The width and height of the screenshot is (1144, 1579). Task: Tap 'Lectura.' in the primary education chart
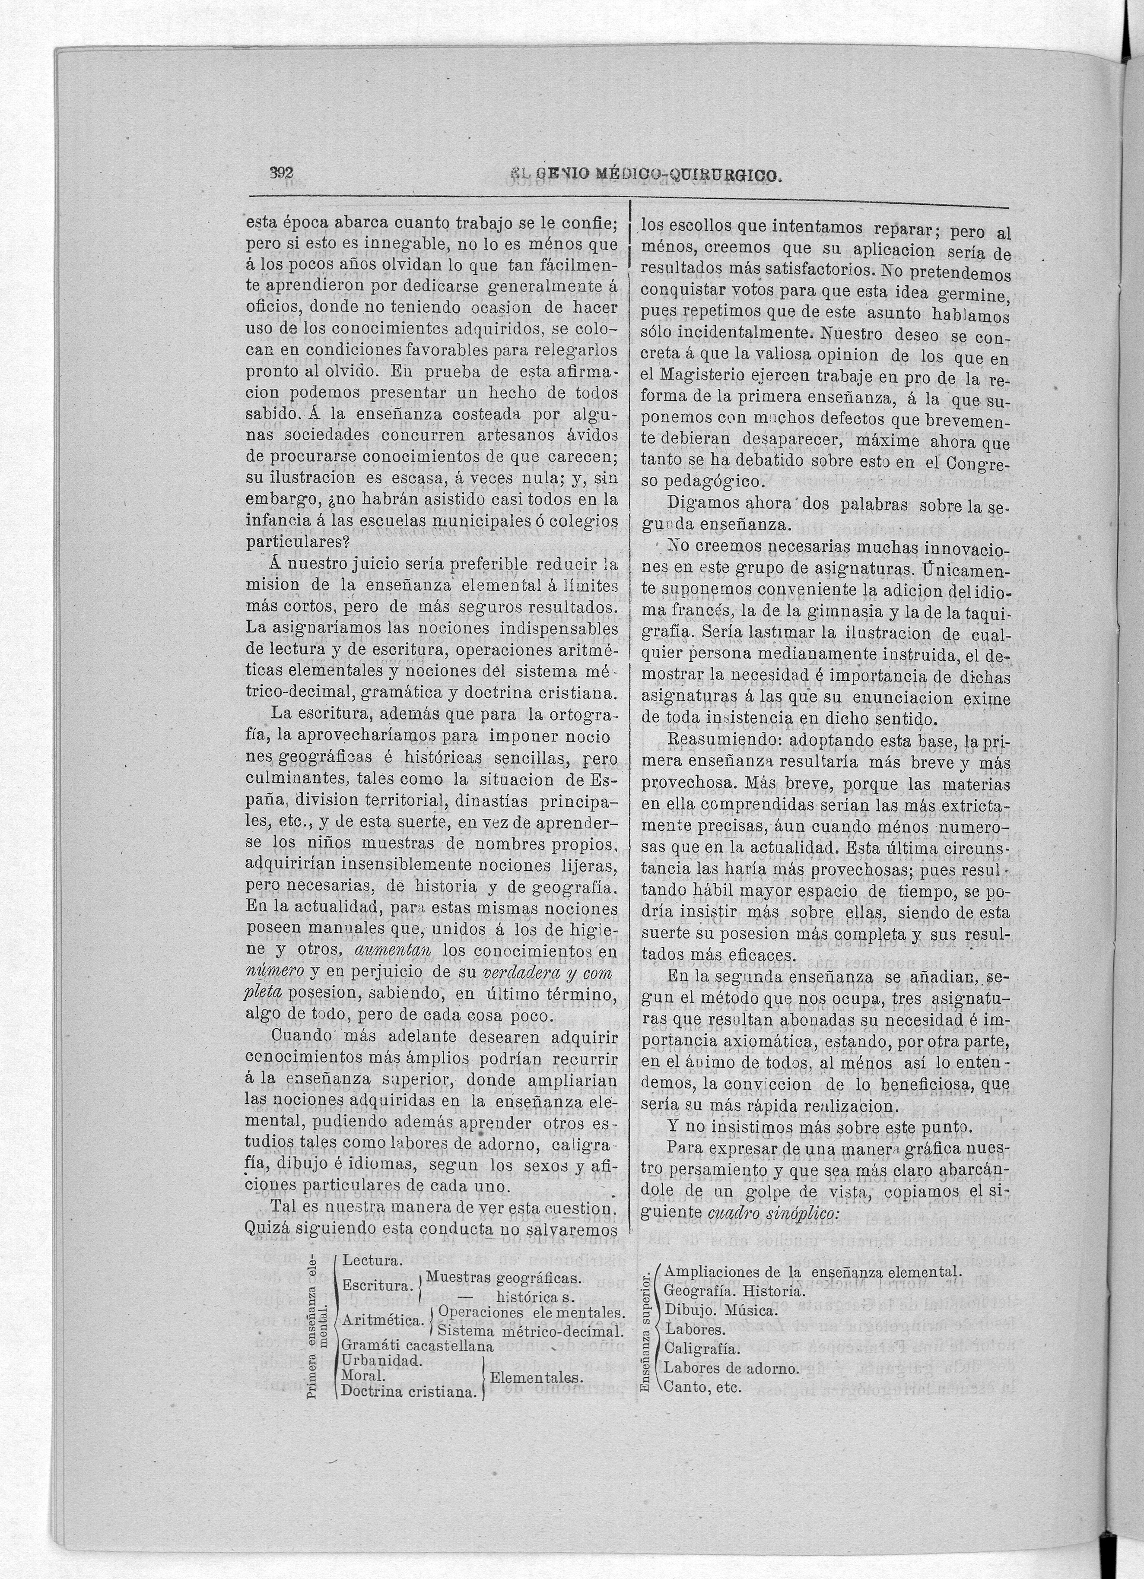point(371,1261)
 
